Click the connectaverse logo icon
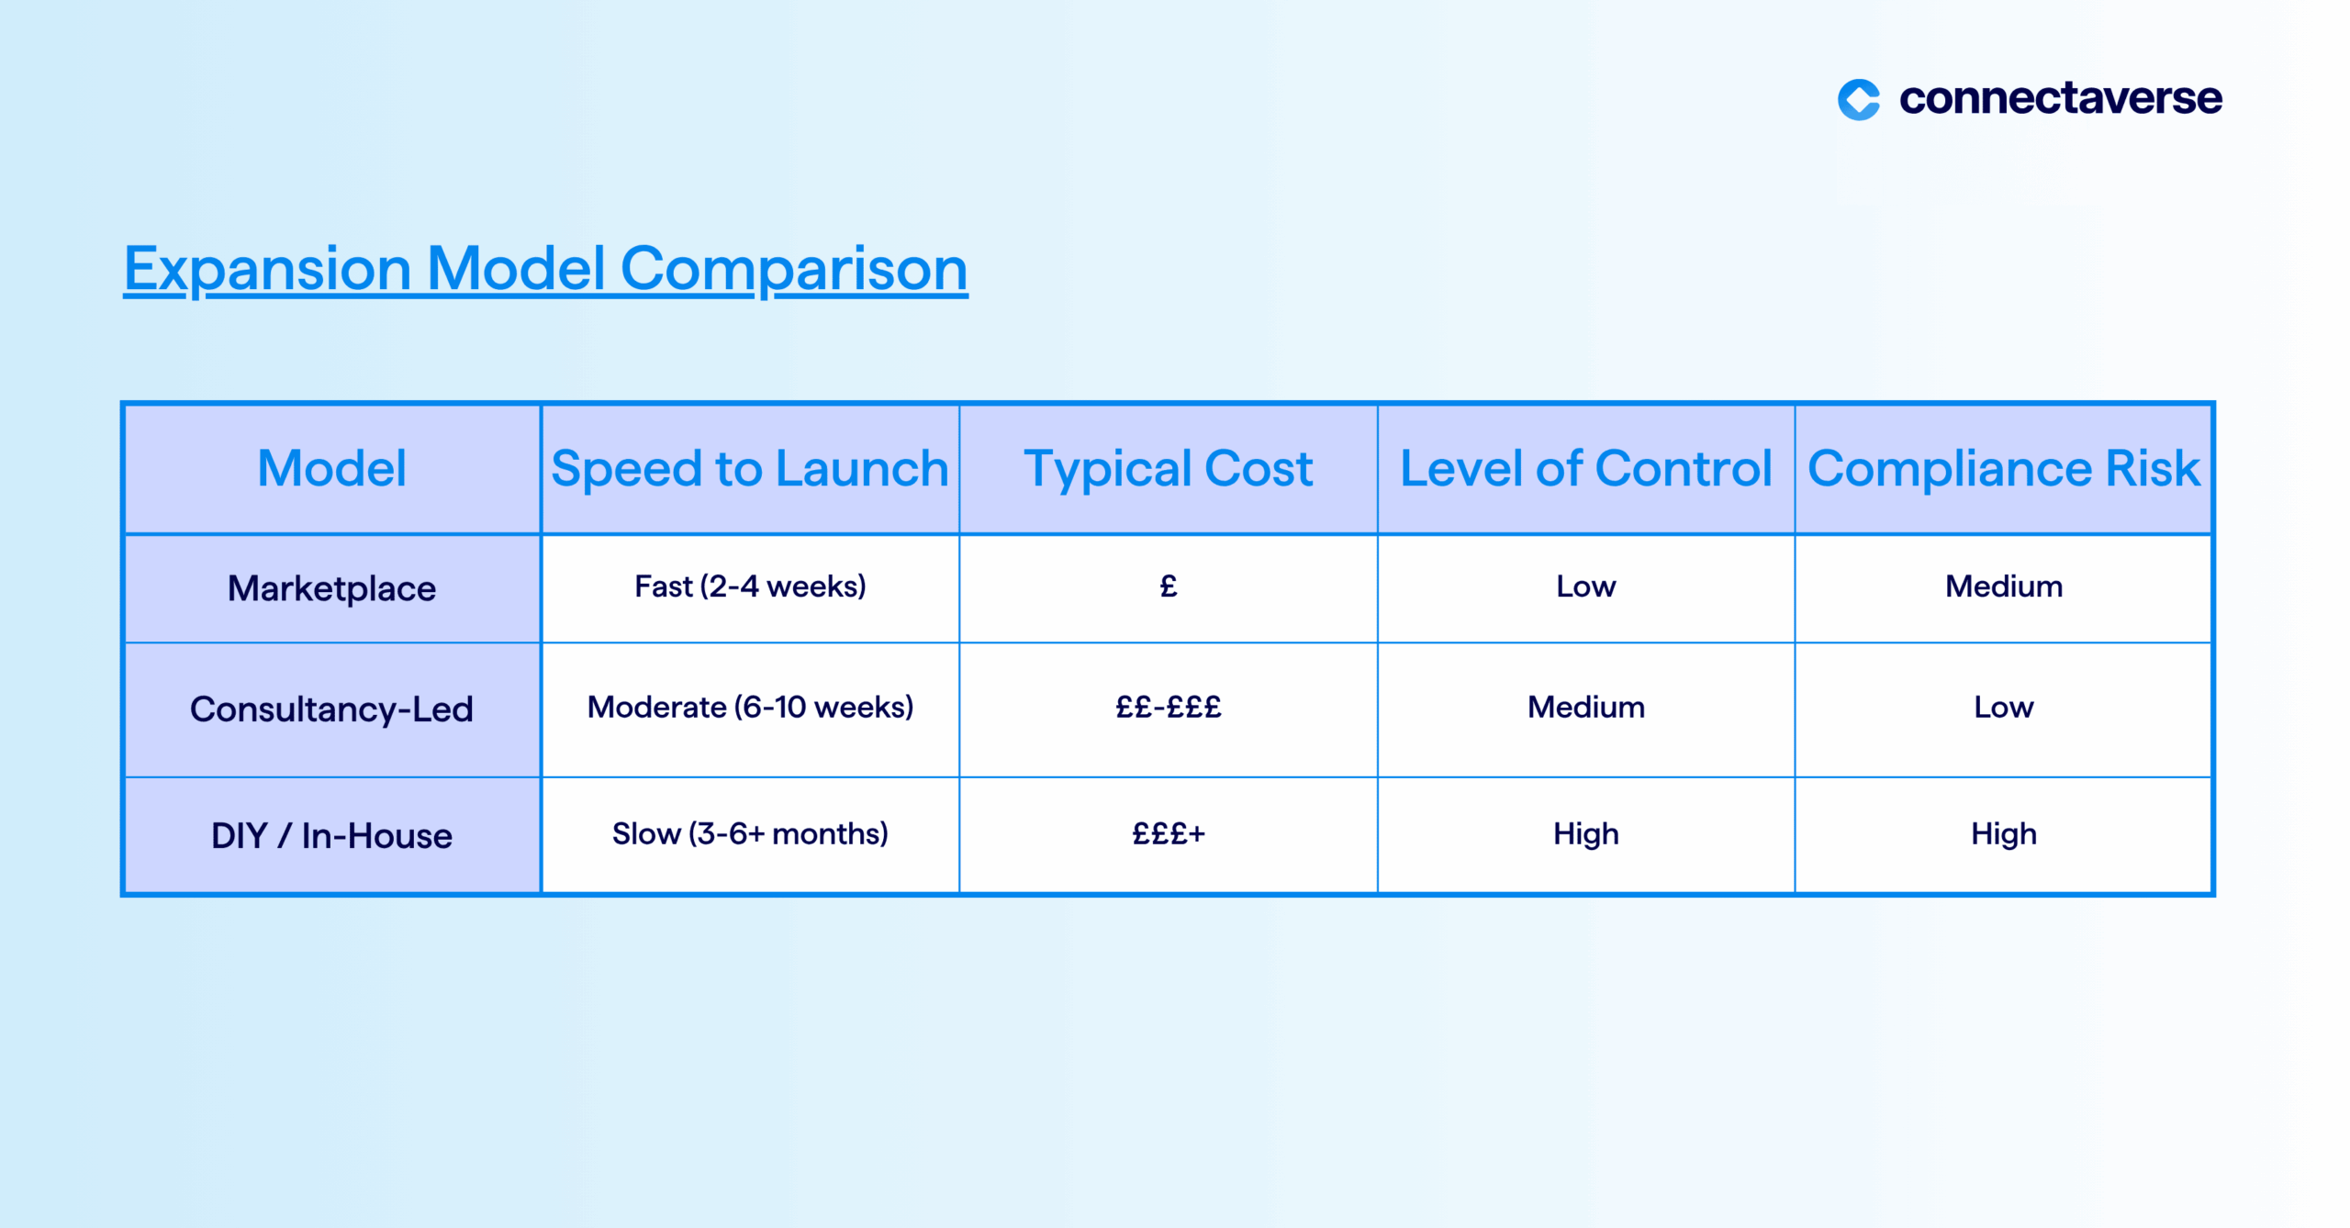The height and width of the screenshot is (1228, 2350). point(1857,99)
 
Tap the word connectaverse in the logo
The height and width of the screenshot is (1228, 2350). point(2060,98)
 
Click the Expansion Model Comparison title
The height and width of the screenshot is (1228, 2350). point(545,269)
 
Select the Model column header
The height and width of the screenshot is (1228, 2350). point(331,468)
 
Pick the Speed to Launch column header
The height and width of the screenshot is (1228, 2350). point(749,468)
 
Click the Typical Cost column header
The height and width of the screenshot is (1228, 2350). point(1168,469)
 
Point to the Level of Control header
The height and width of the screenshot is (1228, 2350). point(1585,468)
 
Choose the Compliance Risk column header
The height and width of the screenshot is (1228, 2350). point(2003,469)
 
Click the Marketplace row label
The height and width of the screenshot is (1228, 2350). point(331,588)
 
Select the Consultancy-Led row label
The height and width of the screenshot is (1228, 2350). point(331,709)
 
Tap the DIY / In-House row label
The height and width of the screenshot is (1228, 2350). point(331,835)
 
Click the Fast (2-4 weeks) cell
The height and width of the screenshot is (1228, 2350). point(750,586)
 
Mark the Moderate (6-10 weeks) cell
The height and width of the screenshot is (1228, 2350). point(750,707)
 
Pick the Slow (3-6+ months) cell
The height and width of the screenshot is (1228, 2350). point(750,833)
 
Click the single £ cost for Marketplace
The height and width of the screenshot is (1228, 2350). point(1168,586)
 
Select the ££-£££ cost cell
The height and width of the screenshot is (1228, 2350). point(1168,707)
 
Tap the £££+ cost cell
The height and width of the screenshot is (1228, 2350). point(1168,833)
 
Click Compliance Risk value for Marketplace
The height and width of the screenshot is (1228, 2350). point(2004,586)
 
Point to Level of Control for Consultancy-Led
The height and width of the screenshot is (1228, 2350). point(1586,707)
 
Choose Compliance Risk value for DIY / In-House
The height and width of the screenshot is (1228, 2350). point(2004,833)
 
